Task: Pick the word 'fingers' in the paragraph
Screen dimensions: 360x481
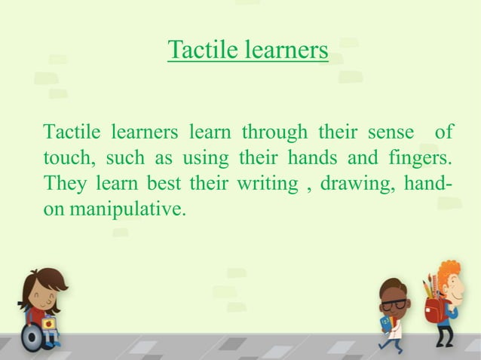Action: [410, 159]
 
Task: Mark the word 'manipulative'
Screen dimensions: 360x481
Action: [127, 209]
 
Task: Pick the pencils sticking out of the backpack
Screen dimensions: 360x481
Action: [429, 285]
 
